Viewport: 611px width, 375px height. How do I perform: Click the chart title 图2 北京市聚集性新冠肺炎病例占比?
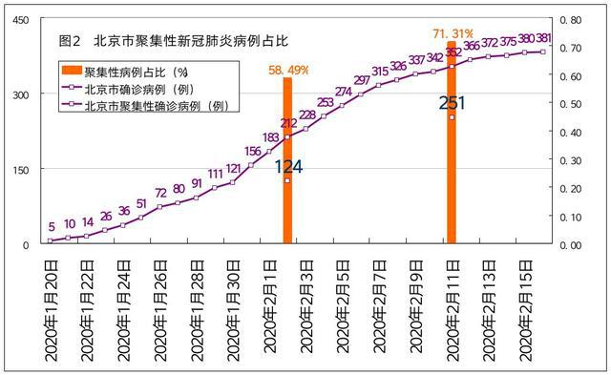[172, 43]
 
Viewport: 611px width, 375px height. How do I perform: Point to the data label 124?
[288, 166]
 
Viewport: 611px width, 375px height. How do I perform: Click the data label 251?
[453, 103]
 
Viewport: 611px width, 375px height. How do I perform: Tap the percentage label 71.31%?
[453, 32]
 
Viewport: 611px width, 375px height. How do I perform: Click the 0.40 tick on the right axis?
[569, 132]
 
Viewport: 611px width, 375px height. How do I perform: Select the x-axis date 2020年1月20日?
[52, 310]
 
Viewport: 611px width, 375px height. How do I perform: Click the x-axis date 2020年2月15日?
[524, 310]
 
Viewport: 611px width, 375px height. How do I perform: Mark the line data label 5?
[51, 227]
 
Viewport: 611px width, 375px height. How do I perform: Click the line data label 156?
[252, 151]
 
